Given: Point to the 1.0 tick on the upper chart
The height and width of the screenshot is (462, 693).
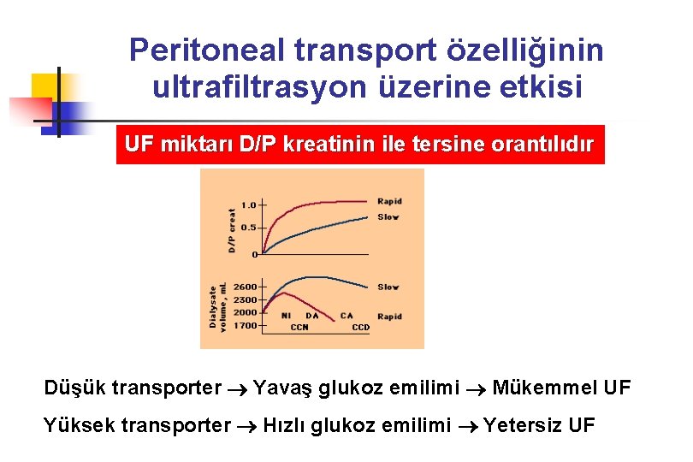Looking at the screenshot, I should tap(248, 204).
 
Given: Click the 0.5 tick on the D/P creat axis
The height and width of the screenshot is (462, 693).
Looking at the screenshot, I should tap(248, 228).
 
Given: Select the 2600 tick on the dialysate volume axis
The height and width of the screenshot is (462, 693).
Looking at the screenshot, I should tap(245, 287).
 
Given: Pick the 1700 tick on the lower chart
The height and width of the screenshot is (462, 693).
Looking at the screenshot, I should tap(245, 325).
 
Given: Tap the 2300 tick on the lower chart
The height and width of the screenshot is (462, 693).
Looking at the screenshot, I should tap(245, 300).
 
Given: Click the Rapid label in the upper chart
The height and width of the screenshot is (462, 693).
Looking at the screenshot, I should tap(389, 202).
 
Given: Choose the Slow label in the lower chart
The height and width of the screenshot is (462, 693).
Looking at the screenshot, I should tap(388, 287).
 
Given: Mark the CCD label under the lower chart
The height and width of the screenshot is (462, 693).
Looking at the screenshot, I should tap(361, 328).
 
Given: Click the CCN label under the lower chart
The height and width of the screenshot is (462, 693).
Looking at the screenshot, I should tap(299, 328).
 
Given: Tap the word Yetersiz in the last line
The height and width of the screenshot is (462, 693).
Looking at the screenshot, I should tap(523, 425).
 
